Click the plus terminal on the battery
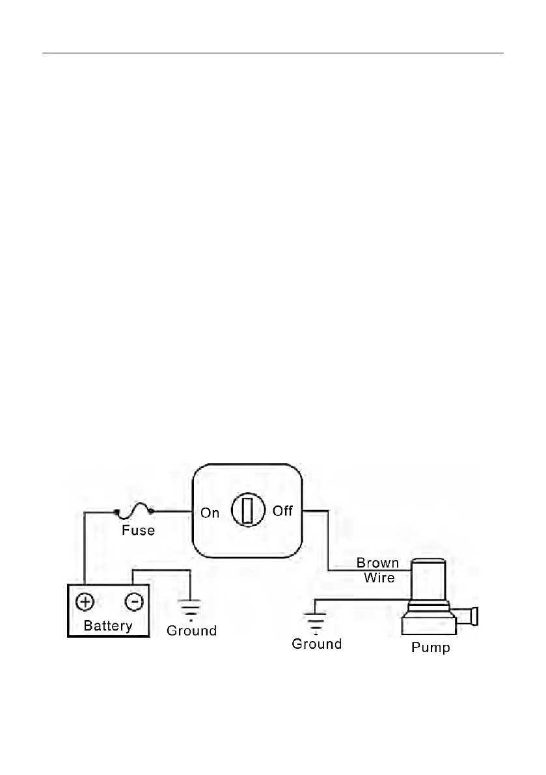click(x=85, y=602)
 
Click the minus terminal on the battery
click(x=133, y=602)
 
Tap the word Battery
click(x=108, y=626)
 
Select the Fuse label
click(x=138, y=530)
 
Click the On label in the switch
click(x=210, y=513)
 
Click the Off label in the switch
click(x=282, y=511)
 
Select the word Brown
click(x=377, y=564)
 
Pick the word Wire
click(x=379, y=577)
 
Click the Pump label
click(x=430, y=648)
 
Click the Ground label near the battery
click(x=191, y=631)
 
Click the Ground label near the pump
click(x=316, y=644)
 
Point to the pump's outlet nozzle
click(x=467, y=616)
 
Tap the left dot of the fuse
click(x=117, y=513)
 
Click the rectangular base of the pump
click(x=428, y=626)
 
